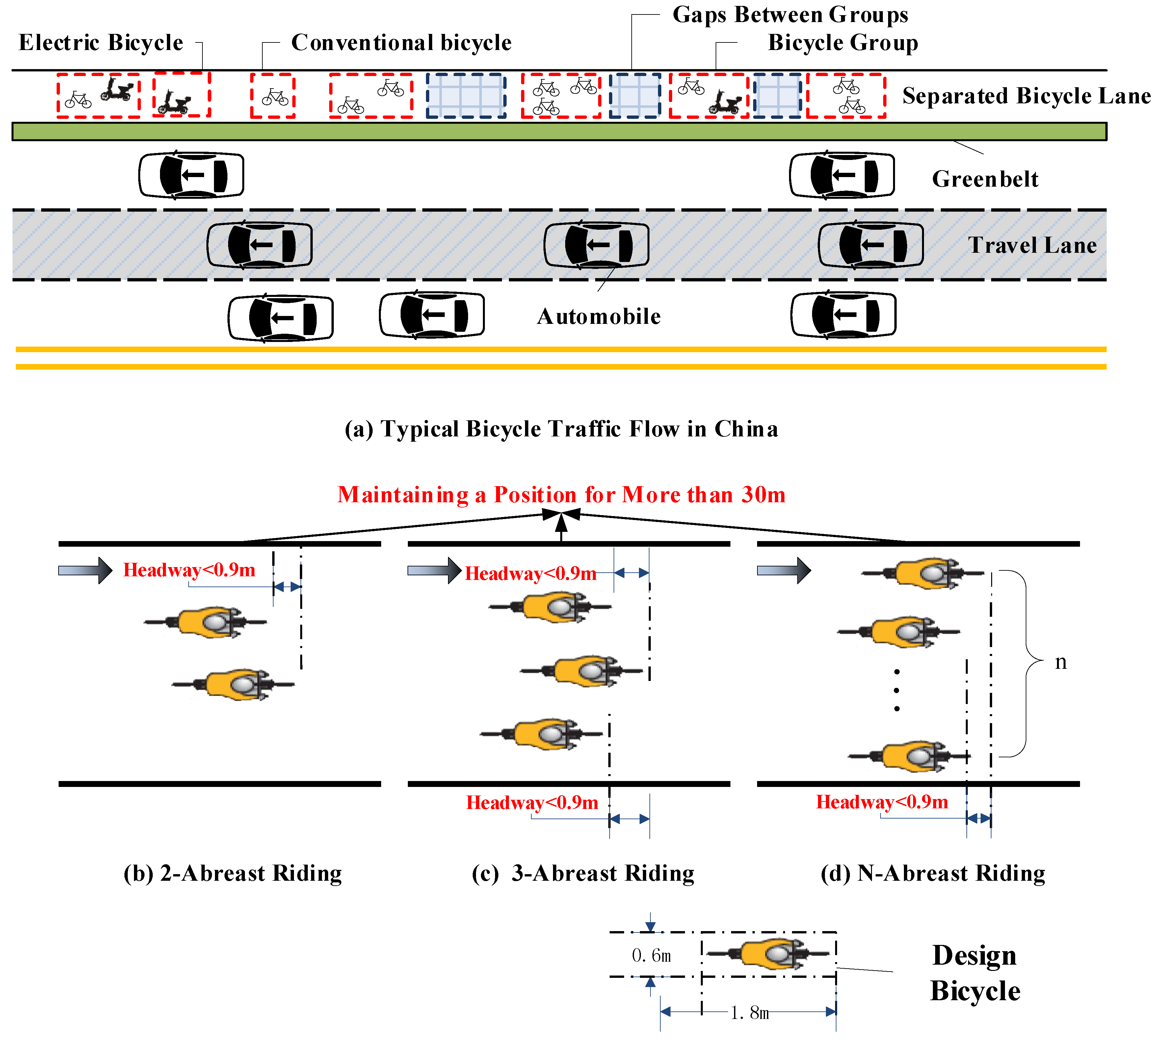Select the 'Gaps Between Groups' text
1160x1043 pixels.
(790, 15)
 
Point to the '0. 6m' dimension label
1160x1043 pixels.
(651, 955)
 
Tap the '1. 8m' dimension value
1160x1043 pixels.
(750, 1013)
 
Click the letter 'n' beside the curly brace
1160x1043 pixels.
(1061, 662)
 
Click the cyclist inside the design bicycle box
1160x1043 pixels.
(769, 953)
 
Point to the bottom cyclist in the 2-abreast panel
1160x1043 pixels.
(233, 684)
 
